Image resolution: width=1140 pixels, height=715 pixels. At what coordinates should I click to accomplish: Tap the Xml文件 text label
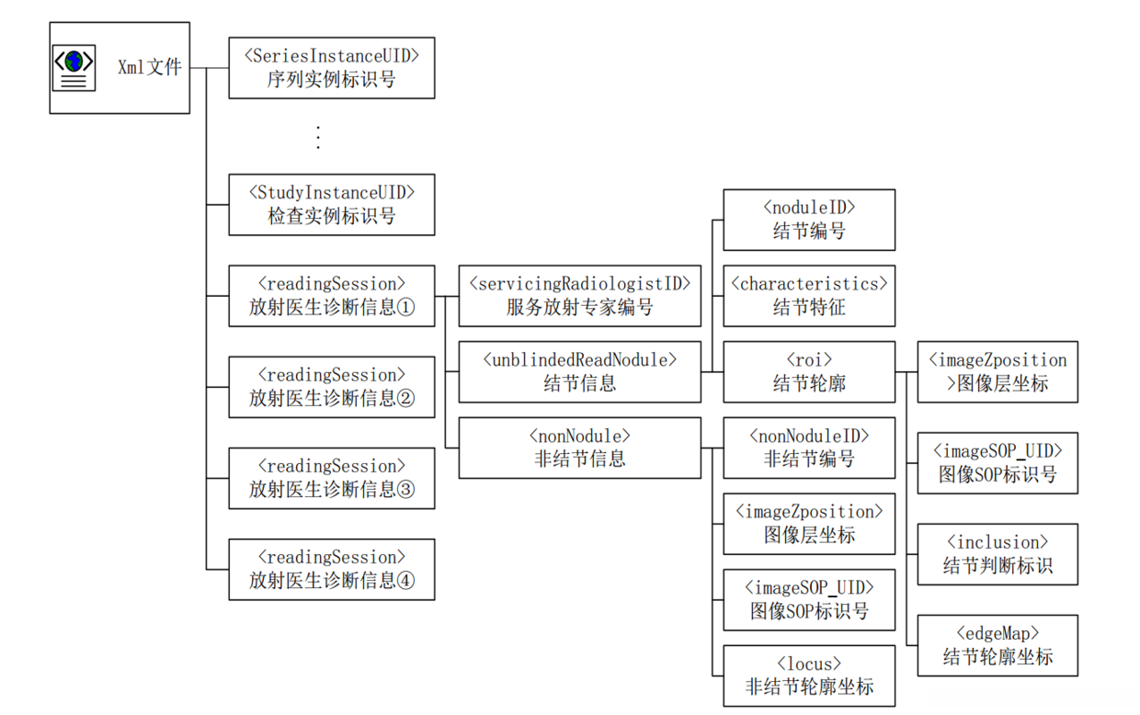point(150,67)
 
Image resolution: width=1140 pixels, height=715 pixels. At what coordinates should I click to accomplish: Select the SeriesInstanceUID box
point(331,68)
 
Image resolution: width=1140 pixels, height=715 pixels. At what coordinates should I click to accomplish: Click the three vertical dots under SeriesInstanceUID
point(317,137)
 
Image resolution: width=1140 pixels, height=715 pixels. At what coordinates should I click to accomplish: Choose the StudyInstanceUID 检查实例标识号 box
point(331,204)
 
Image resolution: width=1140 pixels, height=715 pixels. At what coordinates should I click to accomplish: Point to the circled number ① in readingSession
point(405,308)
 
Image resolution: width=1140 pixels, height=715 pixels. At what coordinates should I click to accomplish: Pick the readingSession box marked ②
point(331,387)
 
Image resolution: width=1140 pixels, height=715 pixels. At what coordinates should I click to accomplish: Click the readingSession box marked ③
point(331,478)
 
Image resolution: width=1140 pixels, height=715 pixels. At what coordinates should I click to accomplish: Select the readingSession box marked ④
point(331,569)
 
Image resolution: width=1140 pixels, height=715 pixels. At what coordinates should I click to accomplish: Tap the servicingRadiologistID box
point(579,296)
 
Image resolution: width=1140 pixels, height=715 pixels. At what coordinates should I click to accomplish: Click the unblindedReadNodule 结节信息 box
point(579,371)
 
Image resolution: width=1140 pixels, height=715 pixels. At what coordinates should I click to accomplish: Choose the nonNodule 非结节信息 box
point(579,448)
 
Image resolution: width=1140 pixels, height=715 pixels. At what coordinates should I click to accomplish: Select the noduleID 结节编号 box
point(809,220)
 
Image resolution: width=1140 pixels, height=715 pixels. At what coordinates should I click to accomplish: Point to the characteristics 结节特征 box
point(809,296)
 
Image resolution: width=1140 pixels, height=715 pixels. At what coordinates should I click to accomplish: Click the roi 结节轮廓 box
point(809,371)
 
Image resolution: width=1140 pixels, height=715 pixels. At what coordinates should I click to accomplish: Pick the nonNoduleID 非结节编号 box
point(809,448)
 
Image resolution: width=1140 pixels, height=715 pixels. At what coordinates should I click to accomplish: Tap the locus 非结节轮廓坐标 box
point(809,675)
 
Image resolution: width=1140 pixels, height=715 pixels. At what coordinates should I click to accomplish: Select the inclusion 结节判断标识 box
point(997,554)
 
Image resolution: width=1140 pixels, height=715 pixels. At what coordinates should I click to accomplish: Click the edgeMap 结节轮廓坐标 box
point(997,645)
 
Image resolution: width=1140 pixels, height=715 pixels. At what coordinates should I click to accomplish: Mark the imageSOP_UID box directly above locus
point(809,599)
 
